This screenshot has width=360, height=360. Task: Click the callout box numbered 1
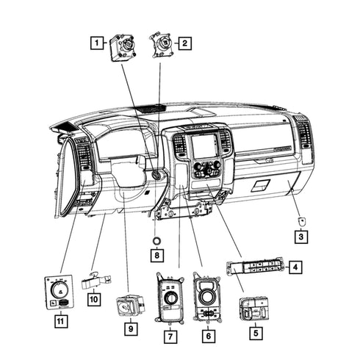click(97, 43)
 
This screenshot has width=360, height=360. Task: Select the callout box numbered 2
click(184, 43)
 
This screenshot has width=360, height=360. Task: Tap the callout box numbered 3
click(301, 237)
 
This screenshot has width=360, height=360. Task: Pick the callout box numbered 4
click(295, 267)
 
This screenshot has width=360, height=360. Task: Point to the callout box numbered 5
click(256, 333)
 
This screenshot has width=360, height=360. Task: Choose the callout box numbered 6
click(209, 336)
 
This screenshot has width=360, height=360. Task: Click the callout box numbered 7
click(170, 336)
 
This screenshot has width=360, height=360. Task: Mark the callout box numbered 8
click(157, 256)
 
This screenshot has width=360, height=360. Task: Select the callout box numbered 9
click(131, 328)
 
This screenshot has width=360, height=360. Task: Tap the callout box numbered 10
click(94, 299)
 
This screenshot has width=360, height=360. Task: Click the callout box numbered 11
click(61, 321)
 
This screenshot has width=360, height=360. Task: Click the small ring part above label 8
click(156, 241)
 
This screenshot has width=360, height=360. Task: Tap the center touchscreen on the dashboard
click(204, 145)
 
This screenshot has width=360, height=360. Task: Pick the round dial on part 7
click(170, 298)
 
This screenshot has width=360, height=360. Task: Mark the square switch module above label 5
click(254, 309)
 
